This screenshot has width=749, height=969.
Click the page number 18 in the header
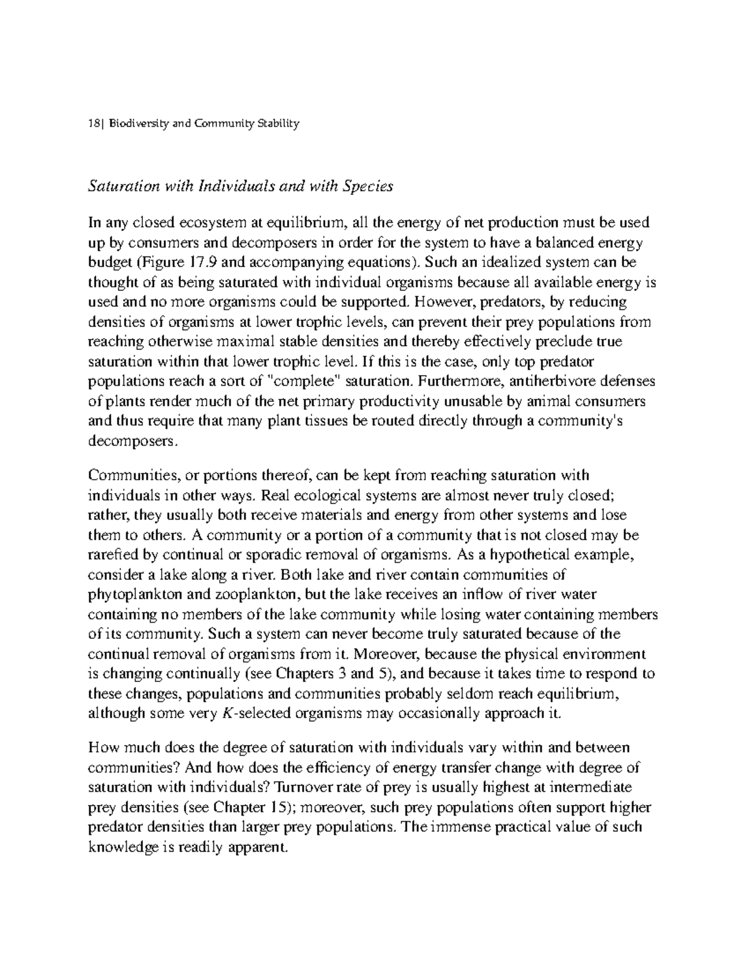tap(93, 124)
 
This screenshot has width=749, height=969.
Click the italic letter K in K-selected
tap(226, 714)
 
